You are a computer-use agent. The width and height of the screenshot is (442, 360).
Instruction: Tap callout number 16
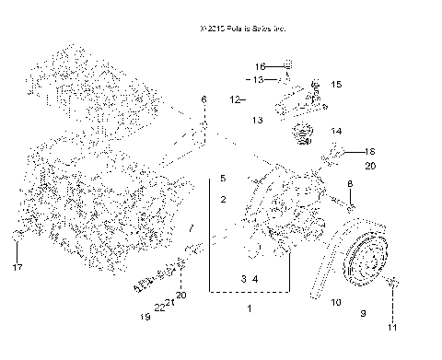pos(260,66)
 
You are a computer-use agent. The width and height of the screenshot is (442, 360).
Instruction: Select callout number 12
pos(236,99)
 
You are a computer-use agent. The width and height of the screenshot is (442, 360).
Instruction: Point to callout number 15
pos(335,85)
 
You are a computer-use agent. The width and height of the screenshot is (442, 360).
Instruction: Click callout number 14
pos(336,132)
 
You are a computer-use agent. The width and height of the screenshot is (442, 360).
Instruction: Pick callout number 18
pos(370,151)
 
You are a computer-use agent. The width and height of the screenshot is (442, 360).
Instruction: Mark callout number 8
pos(350,185)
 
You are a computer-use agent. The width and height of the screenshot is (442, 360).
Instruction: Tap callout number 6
pos(204,99)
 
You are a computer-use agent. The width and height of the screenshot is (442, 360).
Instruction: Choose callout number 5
pos(222,177)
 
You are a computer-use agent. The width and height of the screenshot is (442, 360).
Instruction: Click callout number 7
pos(191,226)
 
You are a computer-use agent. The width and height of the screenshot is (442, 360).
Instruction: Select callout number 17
pos(16,269)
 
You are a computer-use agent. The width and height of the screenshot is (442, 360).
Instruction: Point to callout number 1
pos(249,309)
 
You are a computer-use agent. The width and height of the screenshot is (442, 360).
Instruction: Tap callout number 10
pos(336,302)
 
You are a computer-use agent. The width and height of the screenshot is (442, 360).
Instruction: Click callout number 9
pos(363,313)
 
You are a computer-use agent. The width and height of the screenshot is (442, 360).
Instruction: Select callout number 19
pos(144,317)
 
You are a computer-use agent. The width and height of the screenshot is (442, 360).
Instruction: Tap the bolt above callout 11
pos(390,282)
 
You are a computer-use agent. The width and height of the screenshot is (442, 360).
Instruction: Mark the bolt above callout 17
pos(17,240)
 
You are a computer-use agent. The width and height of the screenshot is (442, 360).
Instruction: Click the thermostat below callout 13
pos(300,140)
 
